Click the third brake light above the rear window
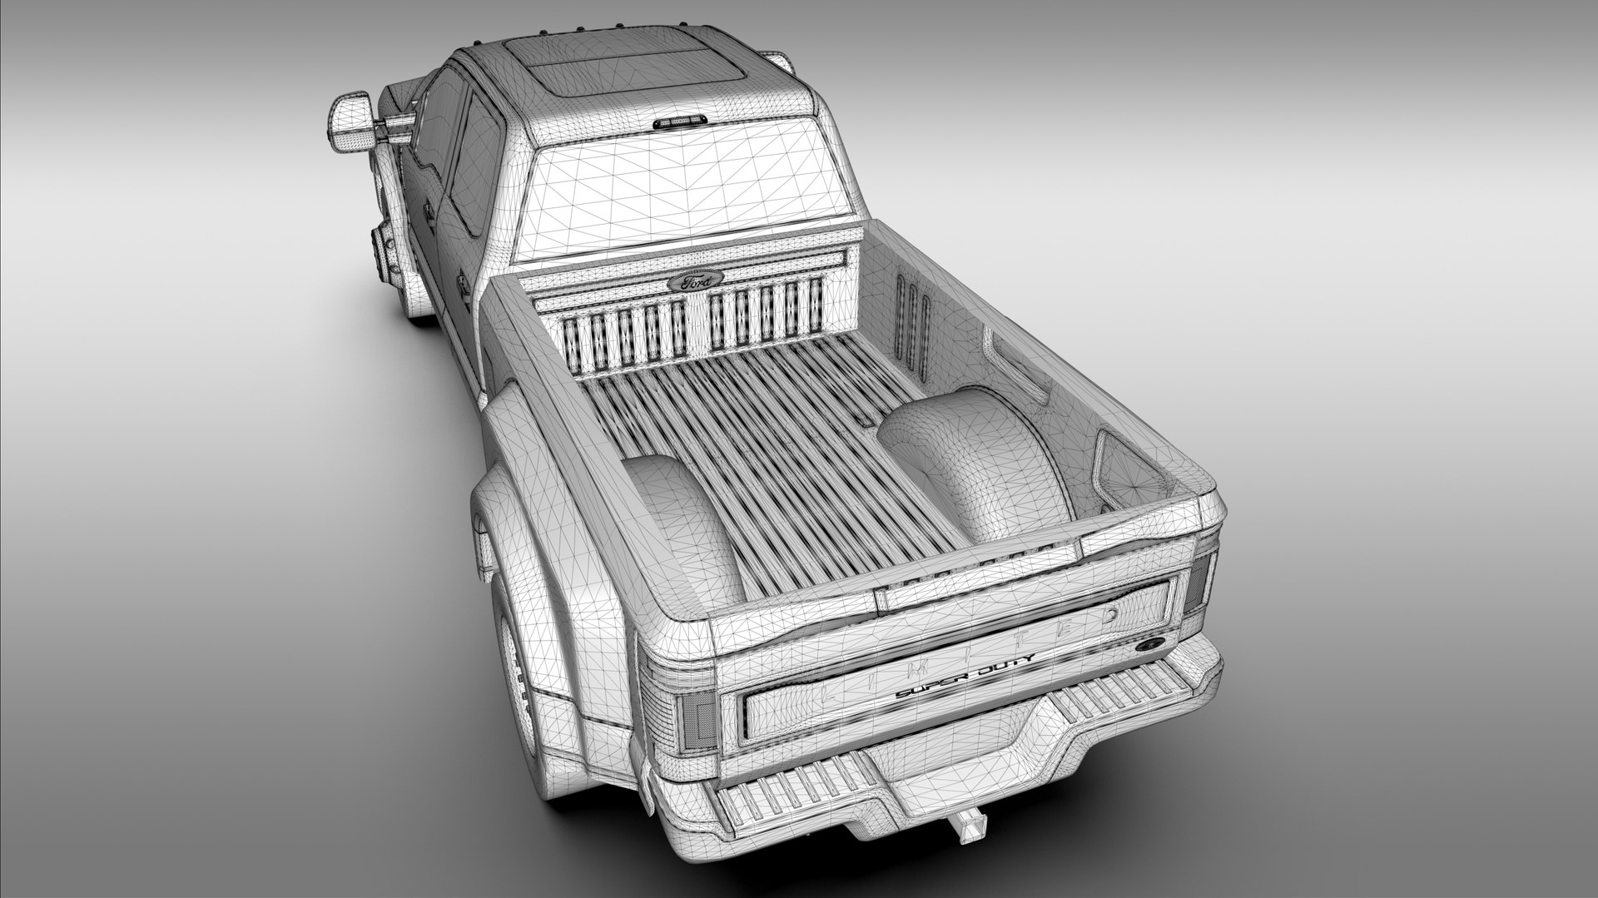pos(681,123)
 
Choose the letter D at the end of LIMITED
pos(1113,617)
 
